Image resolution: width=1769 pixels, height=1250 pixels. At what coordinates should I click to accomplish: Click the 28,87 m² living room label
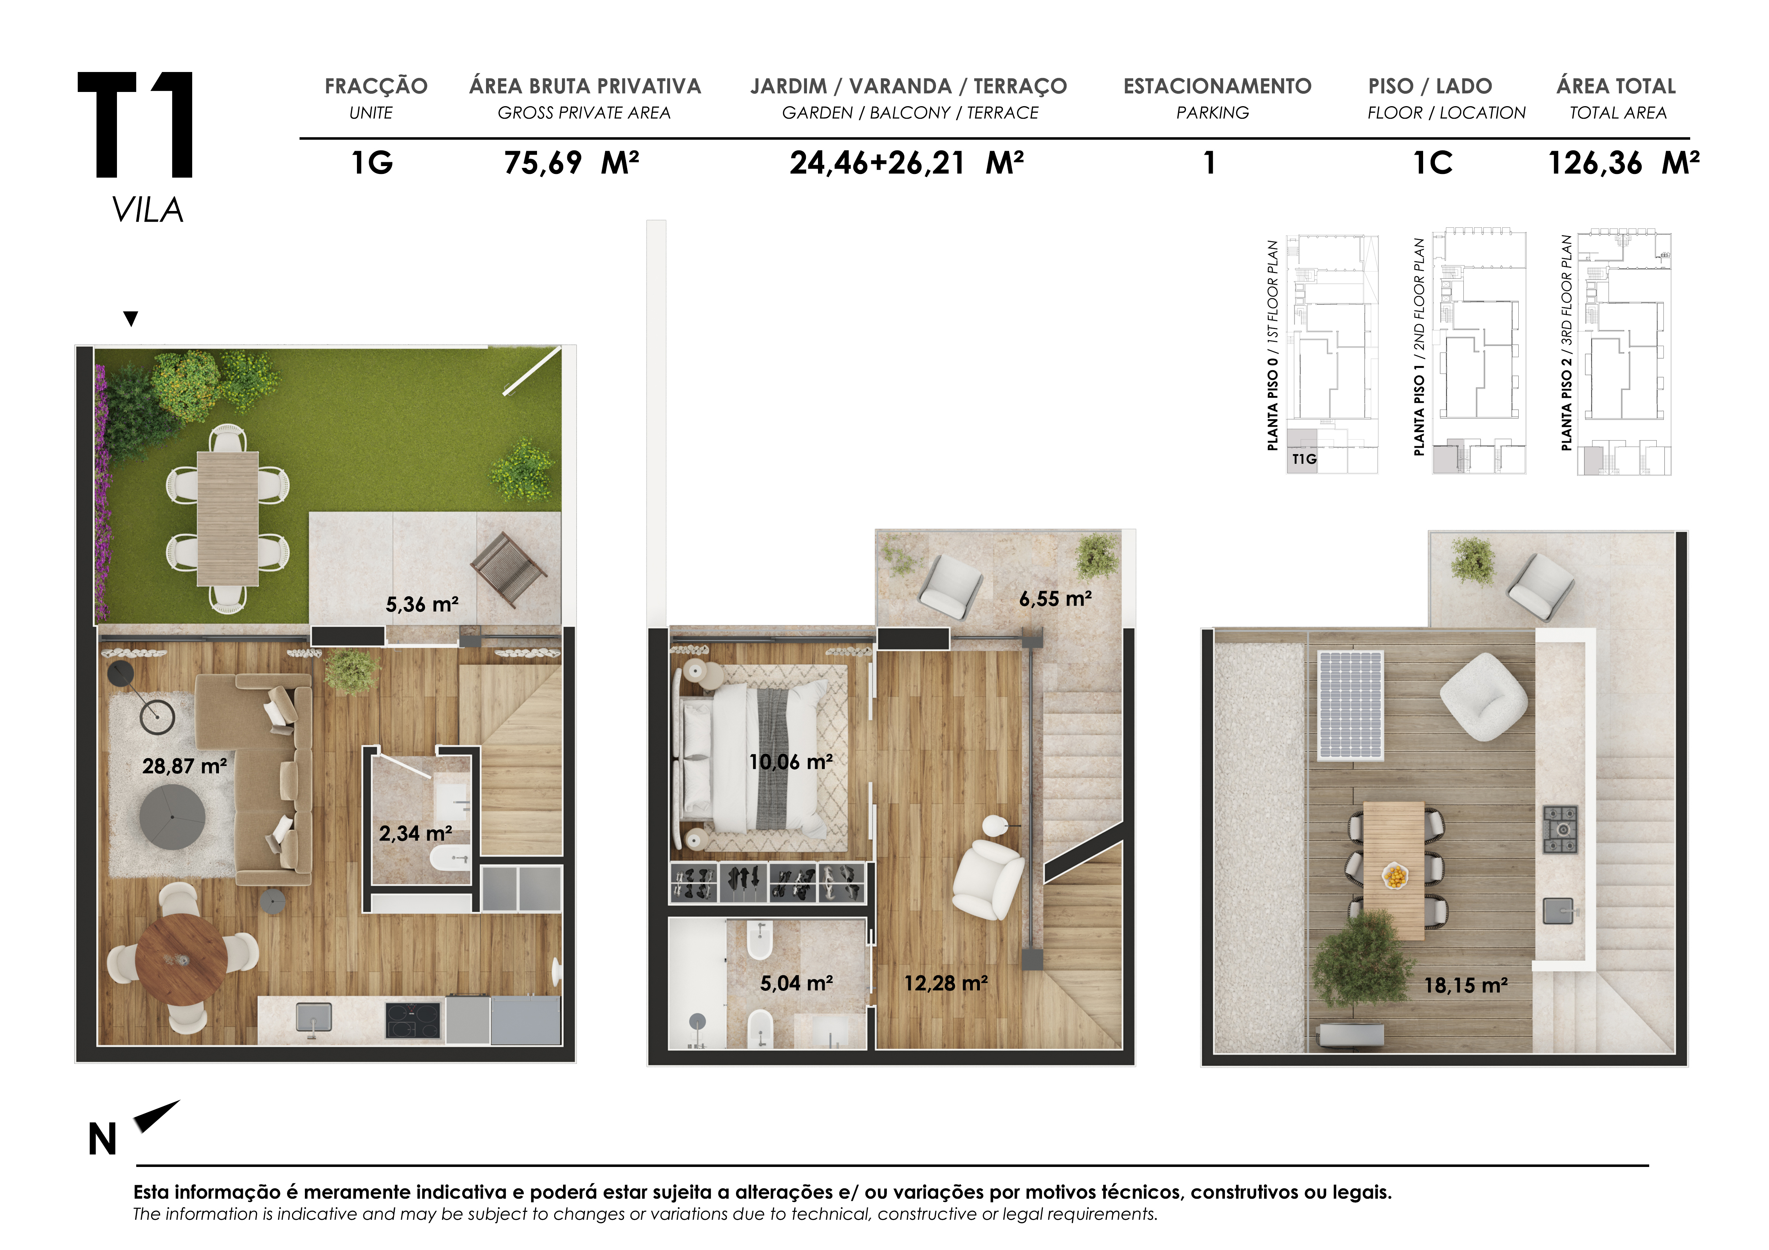click(184, 766)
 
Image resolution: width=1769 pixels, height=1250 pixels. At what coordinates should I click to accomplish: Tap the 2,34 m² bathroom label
click(415, 833)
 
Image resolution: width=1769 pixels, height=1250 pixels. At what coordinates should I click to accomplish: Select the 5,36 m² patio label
click(422, 605)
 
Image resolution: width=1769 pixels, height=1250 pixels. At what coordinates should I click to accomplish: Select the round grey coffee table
click(173, 817)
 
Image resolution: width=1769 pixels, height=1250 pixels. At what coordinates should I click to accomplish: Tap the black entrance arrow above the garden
click(131, 318)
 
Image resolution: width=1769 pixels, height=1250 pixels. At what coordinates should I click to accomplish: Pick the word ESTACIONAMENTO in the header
click(1217, 86)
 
